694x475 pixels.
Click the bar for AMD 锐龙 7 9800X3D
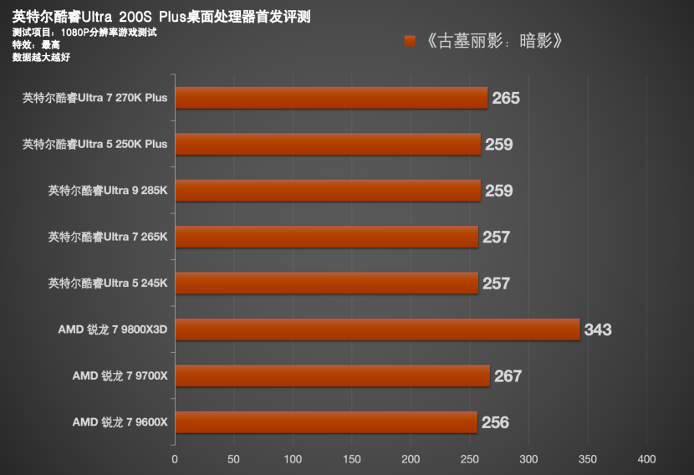[x=376, y=329]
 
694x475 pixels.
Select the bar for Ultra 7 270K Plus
[x=330, y=98]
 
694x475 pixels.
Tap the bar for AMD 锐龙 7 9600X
[x=325, y=422]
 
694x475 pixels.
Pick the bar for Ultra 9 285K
[x=327, y=191]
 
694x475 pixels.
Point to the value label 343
[x=598, y=329]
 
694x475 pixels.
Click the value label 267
[x=508, y=376]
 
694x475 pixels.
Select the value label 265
[x=506, y=98]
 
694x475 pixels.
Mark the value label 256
[x=495, y=422]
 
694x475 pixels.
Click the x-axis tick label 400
[x=646, y=459]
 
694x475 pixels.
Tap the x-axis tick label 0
[x=175, y=459]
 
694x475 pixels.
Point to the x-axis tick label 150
[x=351, y=459]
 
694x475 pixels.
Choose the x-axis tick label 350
[x=588, y=459]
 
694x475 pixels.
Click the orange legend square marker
[x=410, y=40]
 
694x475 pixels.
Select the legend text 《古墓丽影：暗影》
[x=490, y=40]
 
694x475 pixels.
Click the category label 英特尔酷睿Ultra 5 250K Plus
[x=95, y=144]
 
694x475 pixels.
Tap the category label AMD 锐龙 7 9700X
[x=120, y=376]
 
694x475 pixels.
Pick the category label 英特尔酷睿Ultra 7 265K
[x=108, y=237]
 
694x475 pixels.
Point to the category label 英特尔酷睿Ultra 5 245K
[x=108, y=283]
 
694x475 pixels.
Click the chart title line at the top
[x=161, y=17]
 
